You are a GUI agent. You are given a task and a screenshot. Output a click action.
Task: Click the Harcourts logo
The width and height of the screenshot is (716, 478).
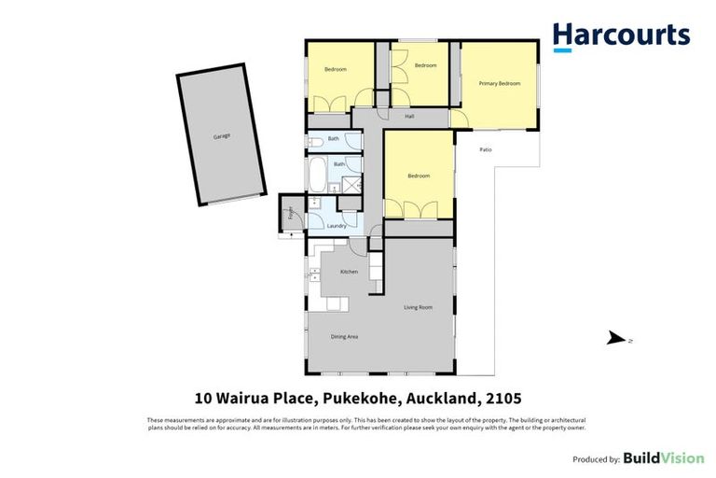[621, 35]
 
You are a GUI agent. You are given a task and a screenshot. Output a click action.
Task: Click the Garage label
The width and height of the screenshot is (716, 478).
[221, 136]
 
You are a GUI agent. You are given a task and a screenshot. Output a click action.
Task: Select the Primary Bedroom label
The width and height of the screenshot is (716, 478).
[499, 84]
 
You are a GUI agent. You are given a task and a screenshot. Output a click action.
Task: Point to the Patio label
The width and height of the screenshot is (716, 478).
[486, 149]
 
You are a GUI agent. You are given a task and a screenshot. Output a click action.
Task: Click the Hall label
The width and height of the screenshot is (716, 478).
[409, 117]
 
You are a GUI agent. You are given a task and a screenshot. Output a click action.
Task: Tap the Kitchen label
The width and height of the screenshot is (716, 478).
[349, 272]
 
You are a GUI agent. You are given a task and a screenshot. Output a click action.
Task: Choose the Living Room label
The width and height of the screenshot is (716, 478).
[418, 307]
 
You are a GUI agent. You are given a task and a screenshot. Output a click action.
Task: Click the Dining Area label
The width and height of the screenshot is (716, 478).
[345, 336]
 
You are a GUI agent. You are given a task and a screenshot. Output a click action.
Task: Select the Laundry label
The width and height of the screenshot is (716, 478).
[337, 226]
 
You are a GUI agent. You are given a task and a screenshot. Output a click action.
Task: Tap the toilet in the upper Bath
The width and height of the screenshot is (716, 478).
[314, 141]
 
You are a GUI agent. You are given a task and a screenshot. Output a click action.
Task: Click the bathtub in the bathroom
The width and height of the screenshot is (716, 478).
[317, 174]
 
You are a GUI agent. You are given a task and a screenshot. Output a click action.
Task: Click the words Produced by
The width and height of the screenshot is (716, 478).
[595, 459]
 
